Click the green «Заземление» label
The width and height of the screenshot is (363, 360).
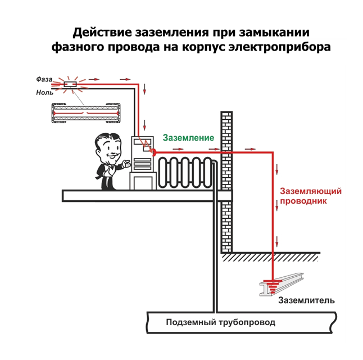coord(188,138)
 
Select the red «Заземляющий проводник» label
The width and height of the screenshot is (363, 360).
coord(311,196)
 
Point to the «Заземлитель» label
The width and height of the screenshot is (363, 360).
coord(307,300)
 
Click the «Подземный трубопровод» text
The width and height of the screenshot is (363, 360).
coord(220,323)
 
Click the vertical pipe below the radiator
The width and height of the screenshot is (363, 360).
coord(214,253)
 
